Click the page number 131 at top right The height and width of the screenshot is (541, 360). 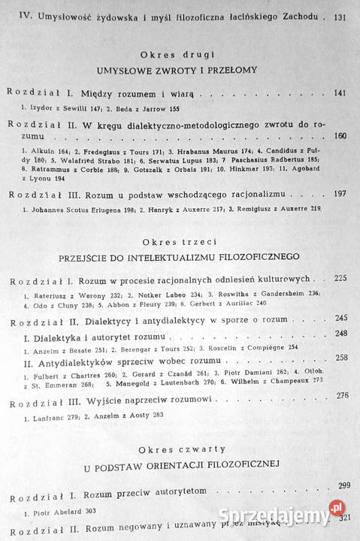coord(340,15)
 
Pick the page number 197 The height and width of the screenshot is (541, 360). coord(338,194)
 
